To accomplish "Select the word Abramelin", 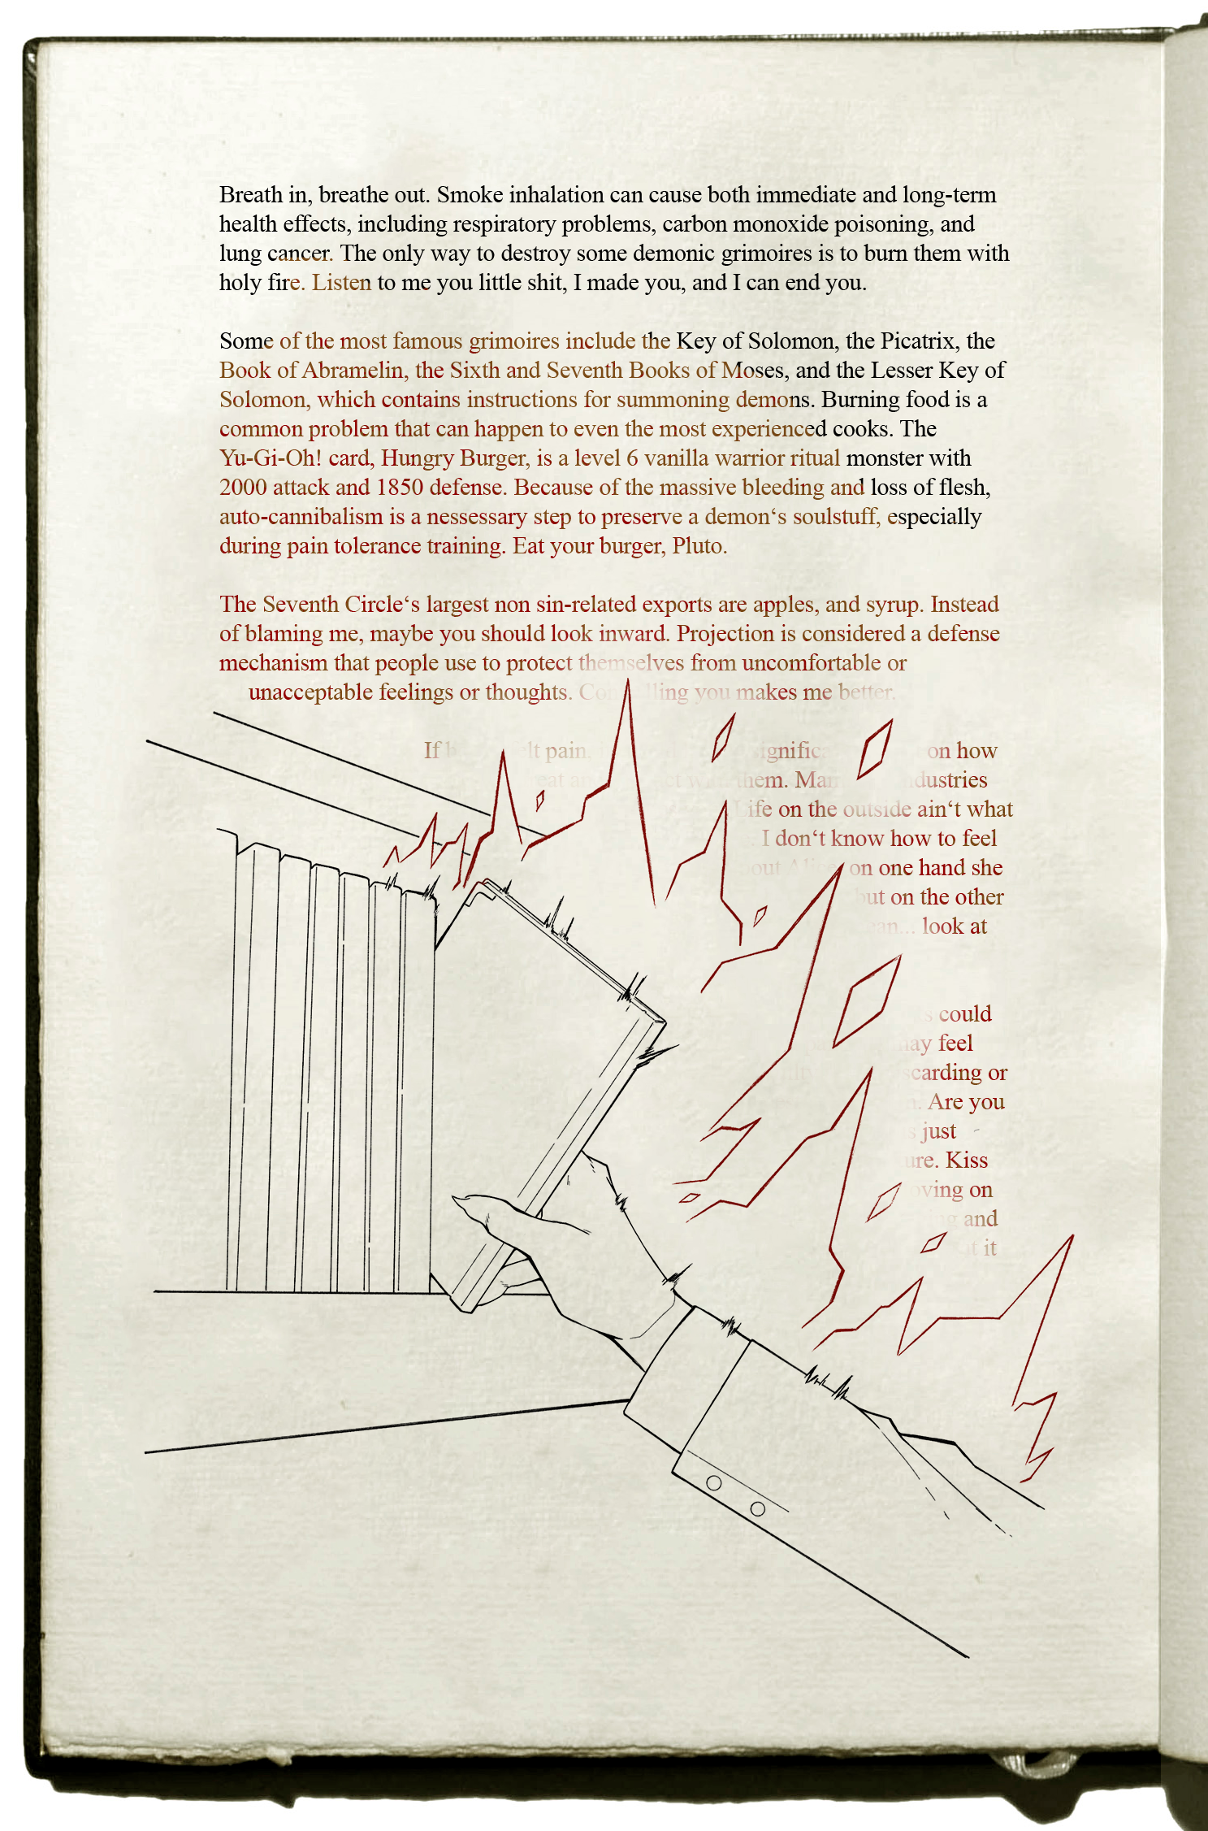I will [354, 371].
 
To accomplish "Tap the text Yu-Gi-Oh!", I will [271, 458].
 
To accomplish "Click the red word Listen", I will [341, 283].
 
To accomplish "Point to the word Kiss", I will [967, 1161].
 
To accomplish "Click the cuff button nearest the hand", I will [714, 1482].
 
